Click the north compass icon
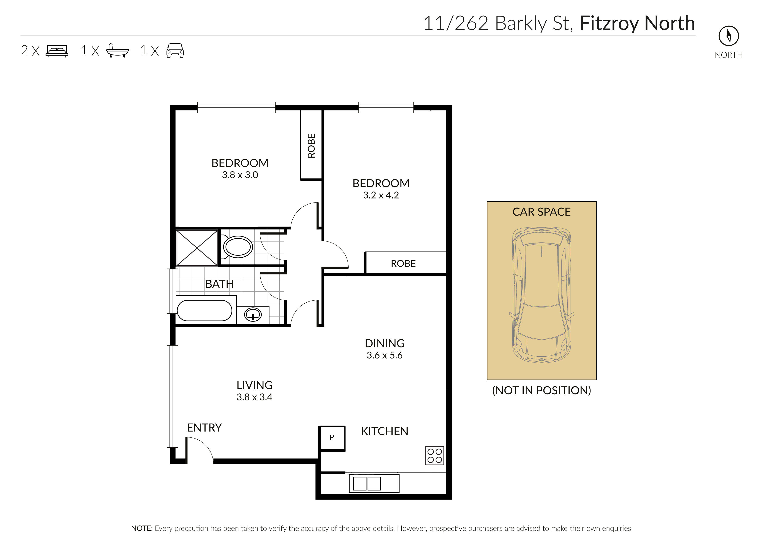(729, 36)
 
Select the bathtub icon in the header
(117, 51)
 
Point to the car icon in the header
(175, 51)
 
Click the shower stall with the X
(197, 248)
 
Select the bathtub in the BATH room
(204, 310)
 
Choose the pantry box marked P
(332, 438)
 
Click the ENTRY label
(204, 428)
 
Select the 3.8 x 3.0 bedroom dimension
(240, 175)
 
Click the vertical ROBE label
(311, 146)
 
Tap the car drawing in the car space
(542, 295)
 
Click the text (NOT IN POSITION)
(542, 390)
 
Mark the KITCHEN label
(385, 431)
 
